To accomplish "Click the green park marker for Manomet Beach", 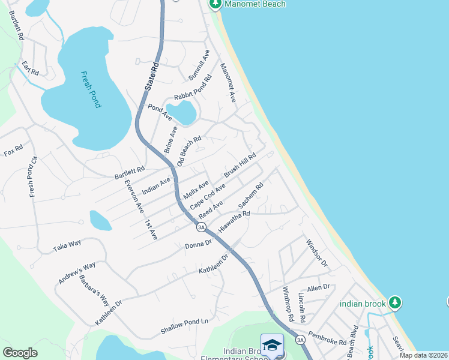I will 215,4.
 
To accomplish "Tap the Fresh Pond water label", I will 91,89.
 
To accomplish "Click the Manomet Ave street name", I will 229,82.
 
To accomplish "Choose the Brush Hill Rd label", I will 240,165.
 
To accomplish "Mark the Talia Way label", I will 67,245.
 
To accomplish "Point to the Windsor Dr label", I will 316,253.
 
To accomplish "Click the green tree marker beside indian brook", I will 394,302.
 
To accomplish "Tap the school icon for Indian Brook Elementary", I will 272,346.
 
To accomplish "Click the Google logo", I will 20,353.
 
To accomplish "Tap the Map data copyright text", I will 423,355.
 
